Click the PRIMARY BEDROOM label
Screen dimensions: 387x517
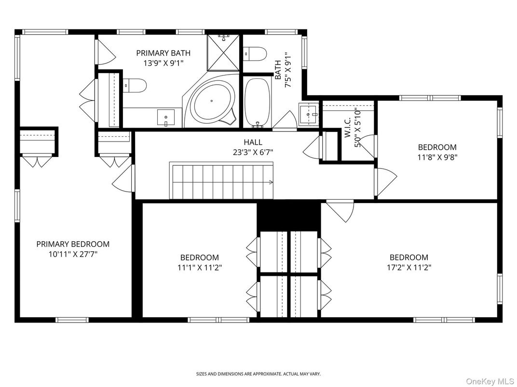click(x=73, y=244)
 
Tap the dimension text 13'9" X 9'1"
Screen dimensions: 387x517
click(x=163, y=63)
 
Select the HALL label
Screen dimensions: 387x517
click(x=253, y=142)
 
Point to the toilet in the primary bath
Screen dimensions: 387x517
click(x=135, y=85)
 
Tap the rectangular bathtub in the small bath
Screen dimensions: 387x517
click(x=256, y=102)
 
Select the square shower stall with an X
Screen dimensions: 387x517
click(x=224, y=53)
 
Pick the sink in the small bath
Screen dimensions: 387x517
click(x=308, y=115)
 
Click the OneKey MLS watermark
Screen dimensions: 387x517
click(x=490, y=381)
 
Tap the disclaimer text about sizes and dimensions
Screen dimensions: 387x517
click(x=258, y=374)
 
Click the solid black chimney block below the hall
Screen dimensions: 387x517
click(x=288, y=215)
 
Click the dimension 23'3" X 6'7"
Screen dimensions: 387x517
click(x=253, y=152)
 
